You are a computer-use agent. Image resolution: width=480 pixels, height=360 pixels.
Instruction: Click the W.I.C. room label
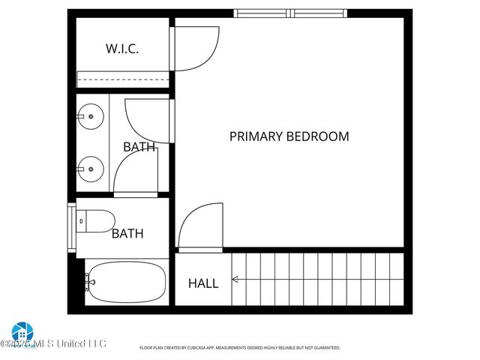121,49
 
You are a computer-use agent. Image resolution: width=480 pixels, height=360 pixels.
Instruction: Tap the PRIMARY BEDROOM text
289,136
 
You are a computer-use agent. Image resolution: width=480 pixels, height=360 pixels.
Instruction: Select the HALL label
203,283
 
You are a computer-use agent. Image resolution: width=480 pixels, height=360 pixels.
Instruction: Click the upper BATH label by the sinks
139,147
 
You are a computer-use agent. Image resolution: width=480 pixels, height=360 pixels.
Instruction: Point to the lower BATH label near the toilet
127,233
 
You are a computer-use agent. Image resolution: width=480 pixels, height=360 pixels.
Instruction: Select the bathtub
124,282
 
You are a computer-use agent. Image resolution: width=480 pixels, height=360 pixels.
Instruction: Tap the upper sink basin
91,116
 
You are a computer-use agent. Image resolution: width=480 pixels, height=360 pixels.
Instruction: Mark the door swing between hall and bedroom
201,226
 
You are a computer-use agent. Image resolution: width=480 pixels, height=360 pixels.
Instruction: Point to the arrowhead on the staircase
235,280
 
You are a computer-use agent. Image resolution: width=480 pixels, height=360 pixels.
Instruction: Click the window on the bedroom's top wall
290,13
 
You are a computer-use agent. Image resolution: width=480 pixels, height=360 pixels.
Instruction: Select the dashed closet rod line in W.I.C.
124,79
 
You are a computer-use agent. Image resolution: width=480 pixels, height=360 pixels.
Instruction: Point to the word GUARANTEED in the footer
325,348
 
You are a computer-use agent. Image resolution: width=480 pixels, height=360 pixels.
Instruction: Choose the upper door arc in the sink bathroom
147,119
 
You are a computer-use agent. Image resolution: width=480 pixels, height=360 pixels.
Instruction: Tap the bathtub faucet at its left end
90,282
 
